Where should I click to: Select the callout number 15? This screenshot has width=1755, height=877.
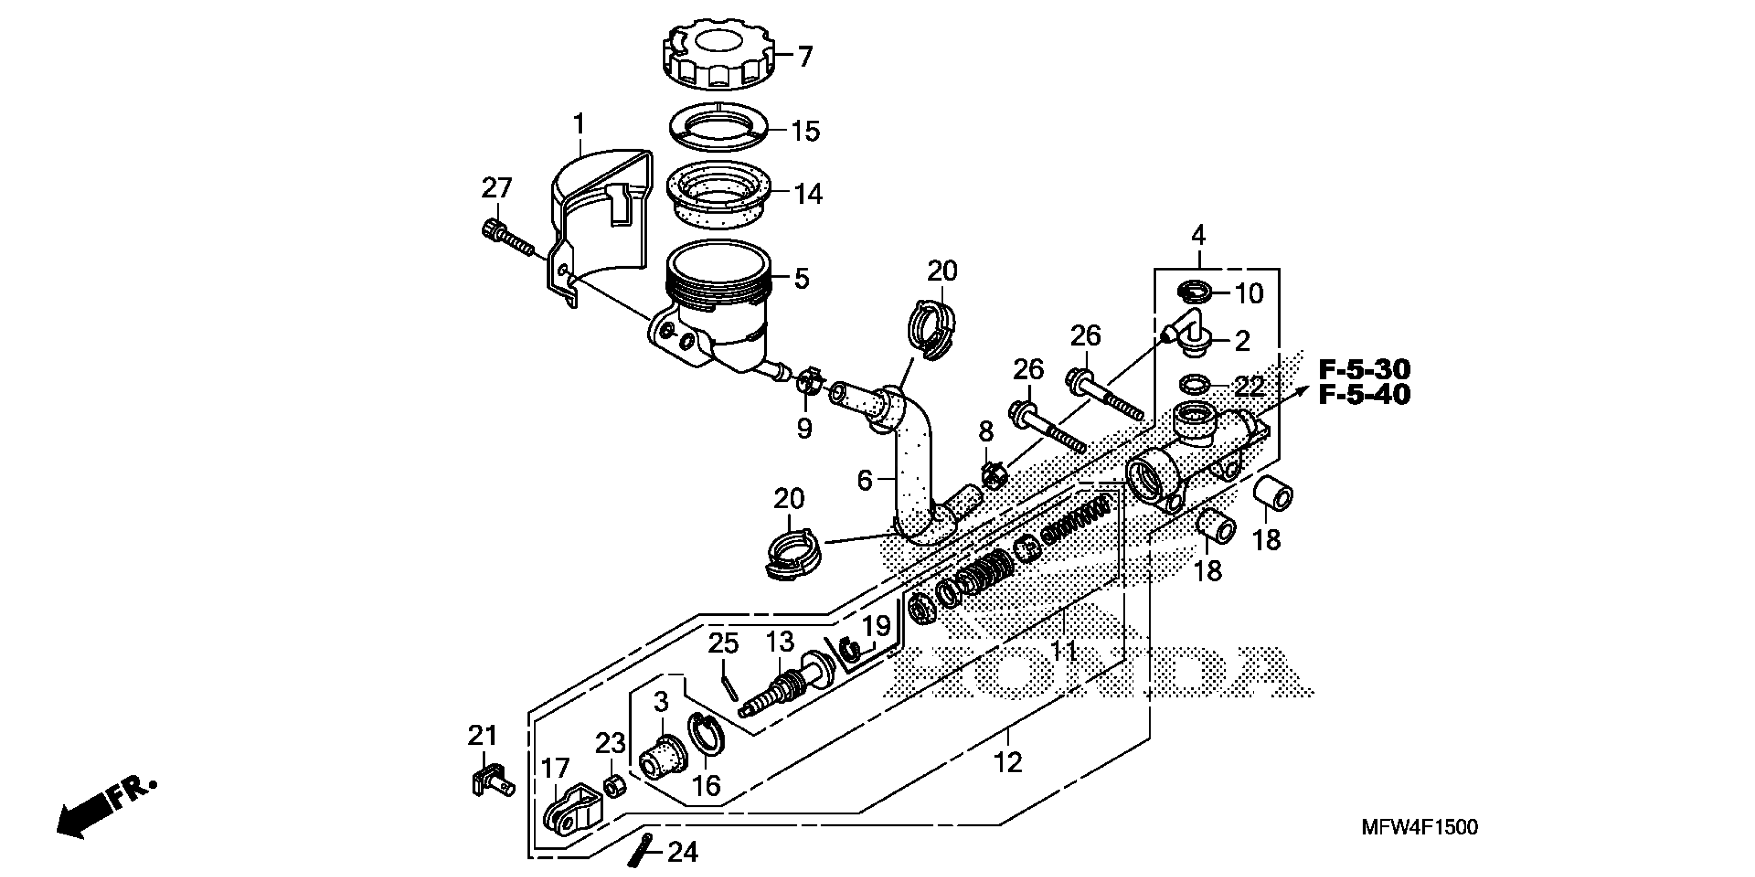(805, 131)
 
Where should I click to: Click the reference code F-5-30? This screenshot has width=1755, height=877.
(1364, 369)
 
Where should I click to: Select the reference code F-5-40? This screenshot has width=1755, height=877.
(1364, 395)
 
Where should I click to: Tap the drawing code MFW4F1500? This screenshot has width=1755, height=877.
(1419, 827)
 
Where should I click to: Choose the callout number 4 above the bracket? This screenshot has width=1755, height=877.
(1199, 236)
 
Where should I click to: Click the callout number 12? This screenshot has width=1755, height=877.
(1008, 762)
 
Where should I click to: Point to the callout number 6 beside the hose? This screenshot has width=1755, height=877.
(864, 480)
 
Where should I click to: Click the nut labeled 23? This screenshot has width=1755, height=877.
(613, 788)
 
